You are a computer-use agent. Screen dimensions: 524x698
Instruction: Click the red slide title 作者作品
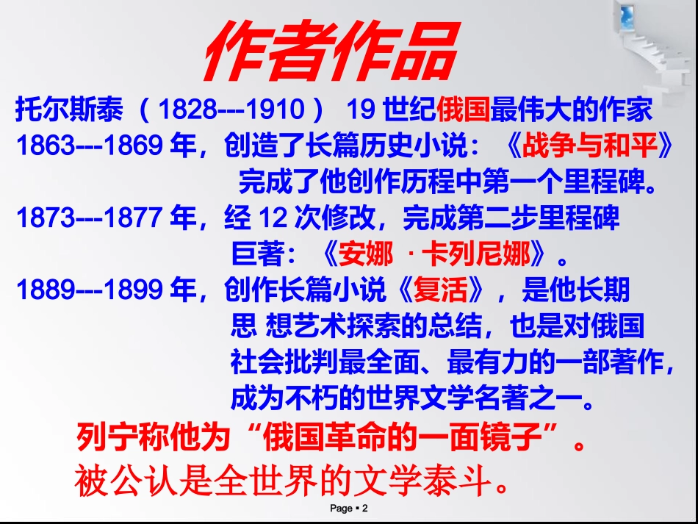coord(331,52)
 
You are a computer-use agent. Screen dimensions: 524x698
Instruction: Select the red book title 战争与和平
coord(589,146)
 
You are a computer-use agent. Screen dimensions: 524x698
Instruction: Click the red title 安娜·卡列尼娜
coord(435,254)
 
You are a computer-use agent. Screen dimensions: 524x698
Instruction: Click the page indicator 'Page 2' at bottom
coord(348,509)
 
